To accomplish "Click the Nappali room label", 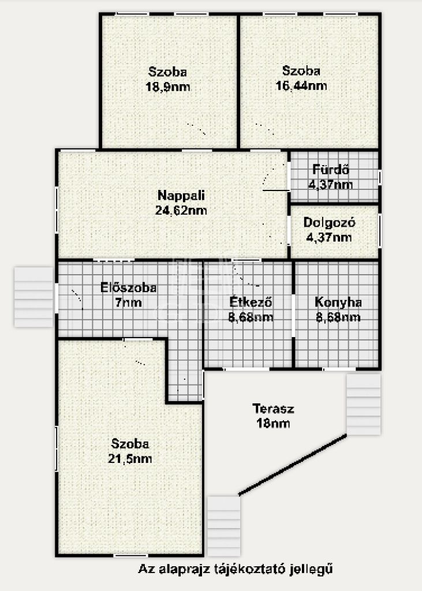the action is pos(181,195).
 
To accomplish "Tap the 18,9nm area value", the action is pos(168,87).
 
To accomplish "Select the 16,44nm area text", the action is pos(301,85).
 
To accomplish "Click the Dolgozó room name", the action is pos(329,222).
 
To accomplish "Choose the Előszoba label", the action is pos(128,287).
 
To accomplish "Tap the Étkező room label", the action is pos(251,302).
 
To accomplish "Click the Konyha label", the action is pos(338,302).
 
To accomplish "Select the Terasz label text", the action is pos(273,409).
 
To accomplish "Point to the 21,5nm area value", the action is pos(130,459).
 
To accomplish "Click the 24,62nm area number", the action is pos(181,210).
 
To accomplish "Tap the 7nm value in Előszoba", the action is pos(129,302).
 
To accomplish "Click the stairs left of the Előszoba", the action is pos(33,297).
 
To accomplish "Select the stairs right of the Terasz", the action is pos(364,404).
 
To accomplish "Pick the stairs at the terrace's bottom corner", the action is pos(224,526).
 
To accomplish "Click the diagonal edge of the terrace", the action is pos(293,465).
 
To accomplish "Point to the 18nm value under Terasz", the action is pos(273,423).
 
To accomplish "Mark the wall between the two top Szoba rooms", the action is pos(238,81).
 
